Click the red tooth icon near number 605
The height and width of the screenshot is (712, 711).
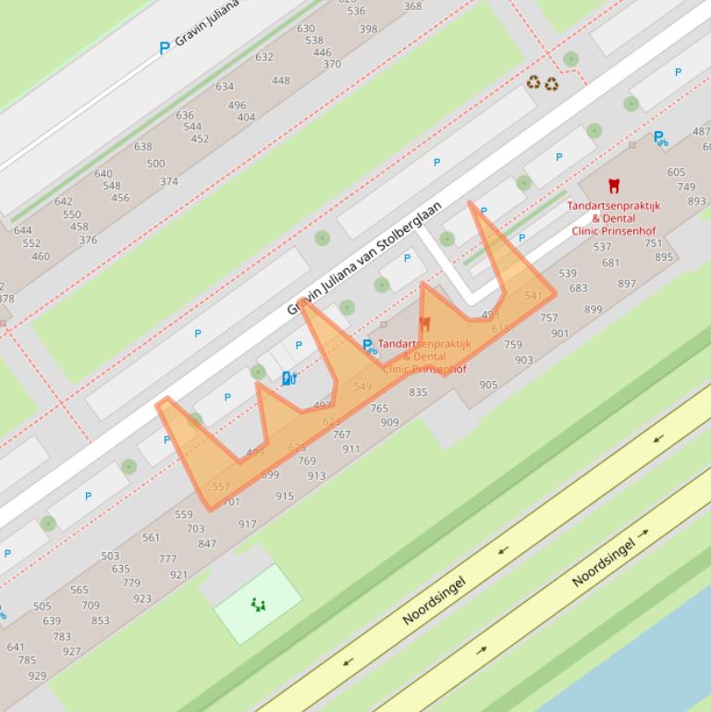[x=613, y=186]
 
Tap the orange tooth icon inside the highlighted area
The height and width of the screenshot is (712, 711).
[x=425, y=324]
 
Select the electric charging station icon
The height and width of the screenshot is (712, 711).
[x=288, y=377]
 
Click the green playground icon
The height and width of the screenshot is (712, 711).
[x=258, y=605]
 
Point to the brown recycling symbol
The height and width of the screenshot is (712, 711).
[x=543, y=84]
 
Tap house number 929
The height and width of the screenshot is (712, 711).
[x=37, y=676]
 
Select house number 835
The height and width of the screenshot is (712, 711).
[x=418, y=392]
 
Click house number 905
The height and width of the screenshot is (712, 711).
[x=488, y=385]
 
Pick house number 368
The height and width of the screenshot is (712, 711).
[x=412, y=6]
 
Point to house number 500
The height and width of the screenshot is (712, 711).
[x=155, y=164]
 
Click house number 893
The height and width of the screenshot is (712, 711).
[x=696, y=201]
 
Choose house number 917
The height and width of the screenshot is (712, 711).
[x=247, y=524]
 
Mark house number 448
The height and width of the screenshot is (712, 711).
[x=281, y=80]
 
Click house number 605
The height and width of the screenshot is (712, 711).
[x=676, y=172]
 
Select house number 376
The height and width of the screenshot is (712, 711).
[x=88, y=240]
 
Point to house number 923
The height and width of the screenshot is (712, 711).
[x=141, y=598]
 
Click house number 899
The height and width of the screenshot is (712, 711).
[x=593, y=310]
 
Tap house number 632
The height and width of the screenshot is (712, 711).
[x=264, y=56]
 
